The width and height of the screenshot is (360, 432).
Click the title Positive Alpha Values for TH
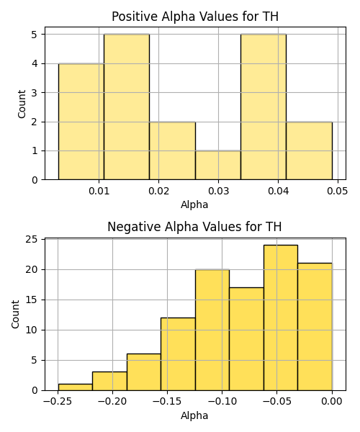(x=195, y=17)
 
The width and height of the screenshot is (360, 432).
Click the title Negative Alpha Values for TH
(x=194, y=227)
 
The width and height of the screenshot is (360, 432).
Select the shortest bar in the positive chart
(x=218, y=166)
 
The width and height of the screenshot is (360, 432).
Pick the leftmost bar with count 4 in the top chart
(x=81, y=122)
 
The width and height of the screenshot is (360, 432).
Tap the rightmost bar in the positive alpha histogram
(x=310, y=151)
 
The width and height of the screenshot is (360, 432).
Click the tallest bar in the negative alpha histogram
(x=281, y=318)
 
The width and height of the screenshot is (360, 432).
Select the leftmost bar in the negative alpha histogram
(x=75, y=387)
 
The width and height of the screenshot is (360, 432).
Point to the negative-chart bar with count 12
(x=178, y=354)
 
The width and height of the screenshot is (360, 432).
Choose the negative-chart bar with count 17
(x=246, y=339)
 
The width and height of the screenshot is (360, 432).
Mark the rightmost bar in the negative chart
(x=315, y=327)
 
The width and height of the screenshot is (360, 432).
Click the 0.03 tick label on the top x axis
(x=218, y=191)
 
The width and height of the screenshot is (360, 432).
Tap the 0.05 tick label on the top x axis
(x=338, y=191)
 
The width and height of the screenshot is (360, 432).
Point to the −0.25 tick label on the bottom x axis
(x=58, y=402)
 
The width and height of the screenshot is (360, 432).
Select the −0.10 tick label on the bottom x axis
(x=222, y=402)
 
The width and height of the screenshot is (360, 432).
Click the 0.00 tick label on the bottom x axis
(x=332, y=402)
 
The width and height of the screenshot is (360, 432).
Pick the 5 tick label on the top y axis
(x=35, y=35)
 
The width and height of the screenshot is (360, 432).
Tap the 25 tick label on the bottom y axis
(x=31, y=239)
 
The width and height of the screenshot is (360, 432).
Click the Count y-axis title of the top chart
(x=22, y=104)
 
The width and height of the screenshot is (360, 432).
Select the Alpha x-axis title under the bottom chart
(x=194, y=415)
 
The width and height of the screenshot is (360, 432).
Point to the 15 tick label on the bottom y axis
(x=31, y=300)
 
